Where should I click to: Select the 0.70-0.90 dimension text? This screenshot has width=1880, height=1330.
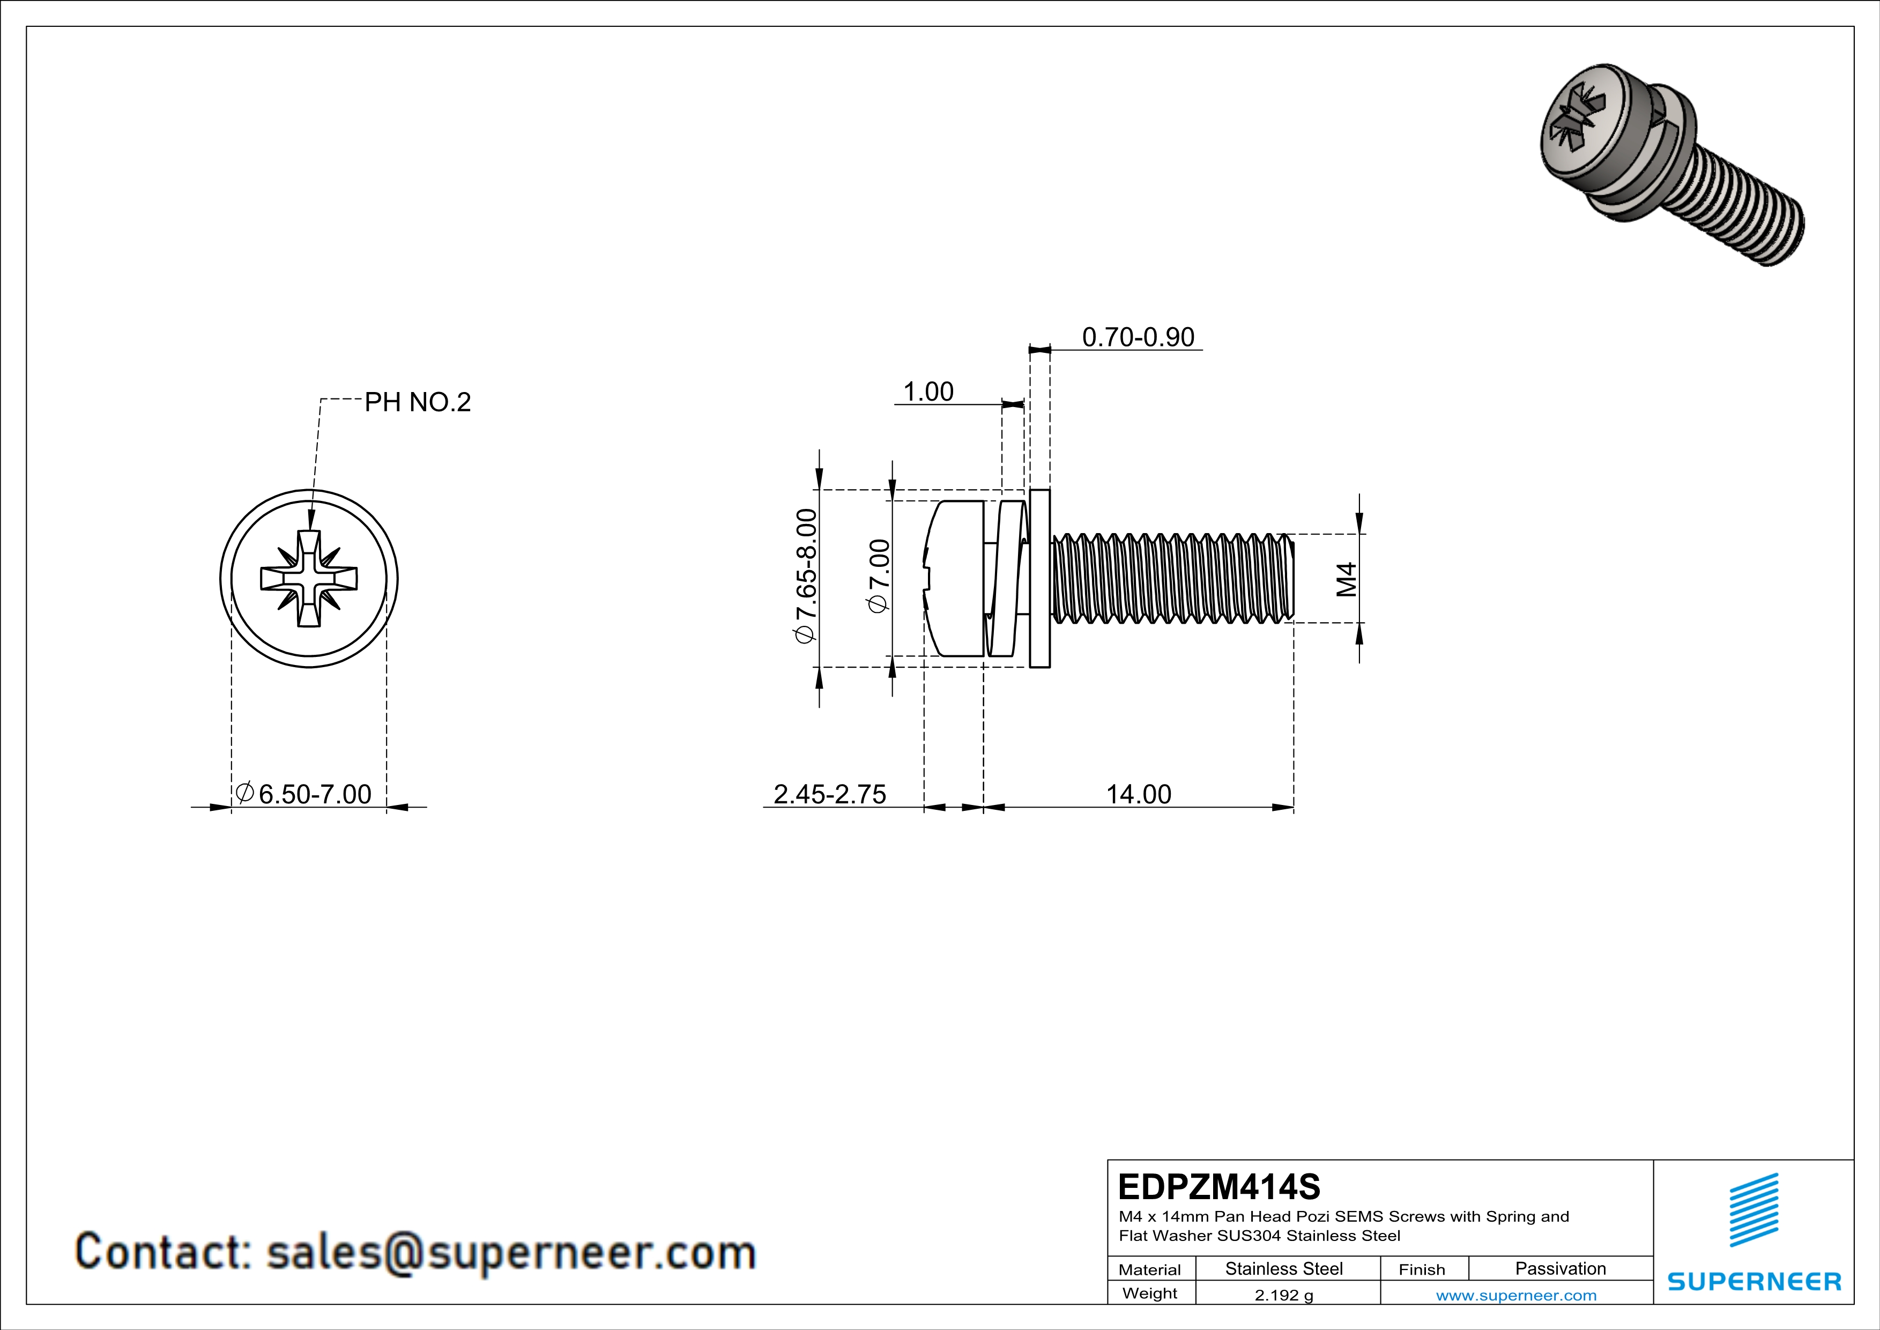(1138, 337)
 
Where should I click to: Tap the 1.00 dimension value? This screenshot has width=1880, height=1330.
(928, 391)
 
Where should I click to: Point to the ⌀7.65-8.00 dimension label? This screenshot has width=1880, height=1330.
(806, 576)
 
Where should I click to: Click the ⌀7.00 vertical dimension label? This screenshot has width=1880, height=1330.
(878, 576)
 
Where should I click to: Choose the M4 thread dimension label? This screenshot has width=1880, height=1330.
(1346, 579)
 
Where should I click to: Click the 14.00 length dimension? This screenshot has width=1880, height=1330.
(1138, 794)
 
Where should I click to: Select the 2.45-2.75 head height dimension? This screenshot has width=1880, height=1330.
(829, 794)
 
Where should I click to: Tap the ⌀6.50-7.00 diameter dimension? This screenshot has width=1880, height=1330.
(304, 794)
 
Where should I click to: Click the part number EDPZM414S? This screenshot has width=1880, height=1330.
(1218, 1187)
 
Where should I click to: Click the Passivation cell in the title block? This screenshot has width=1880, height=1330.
(1560, 1268)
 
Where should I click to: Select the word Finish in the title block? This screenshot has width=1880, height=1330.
(1422, 1269)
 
